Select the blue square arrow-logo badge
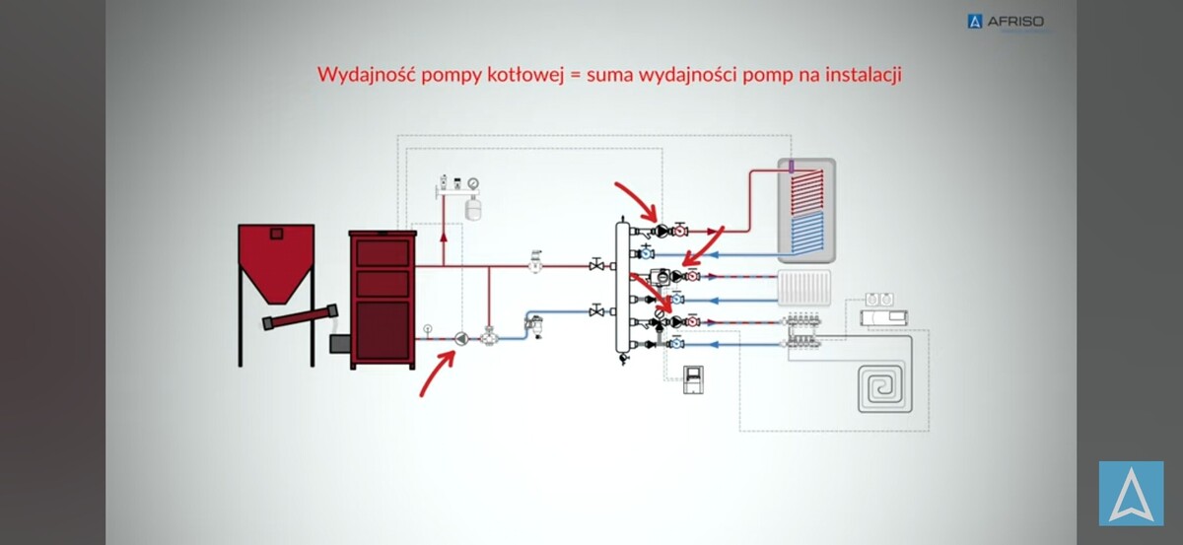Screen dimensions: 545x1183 point(1131,494)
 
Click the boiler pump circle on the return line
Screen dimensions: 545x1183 point(460,339)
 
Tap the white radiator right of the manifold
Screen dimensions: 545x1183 point(806,286)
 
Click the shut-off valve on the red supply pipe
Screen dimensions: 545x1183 point(597,265)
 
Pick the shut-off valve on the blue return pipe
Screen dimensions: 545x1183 point(597,311)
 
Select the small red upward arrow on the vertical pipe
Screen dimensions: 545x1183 point(444,238)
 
